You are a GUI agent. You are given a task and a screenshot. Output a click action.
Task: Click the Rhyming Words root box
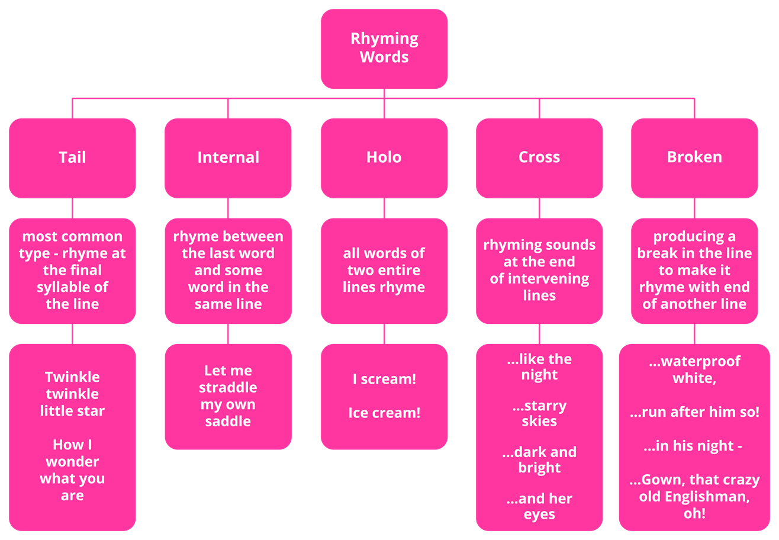384,49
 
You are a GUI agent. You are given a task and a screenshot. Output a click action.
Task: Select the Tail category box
72,157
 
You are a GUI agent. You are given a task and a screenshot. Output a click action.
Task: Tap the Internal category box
228,157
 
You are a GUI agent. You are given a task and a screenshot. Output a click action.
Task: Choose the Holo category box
384,157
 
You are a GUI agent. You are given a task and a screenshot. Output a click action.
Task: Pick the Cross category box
539,157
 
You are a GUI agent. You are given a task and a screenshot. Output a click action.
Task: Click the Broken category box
694,157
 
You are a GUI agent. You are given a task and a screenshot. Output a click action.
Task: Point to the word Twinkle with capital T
72,377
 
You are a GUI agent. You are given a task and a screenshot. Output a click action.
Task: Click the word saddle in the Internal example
228,422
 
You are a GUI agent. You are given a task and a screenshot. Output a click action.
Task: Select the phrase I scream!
384,379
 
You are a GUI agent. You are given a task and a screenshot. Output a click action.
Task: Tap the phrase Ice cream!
384,413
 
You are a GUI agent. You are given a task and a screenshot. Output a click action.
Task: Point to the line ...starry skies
539,414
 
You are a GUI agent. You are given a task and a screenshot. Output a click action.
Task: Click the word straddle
228,388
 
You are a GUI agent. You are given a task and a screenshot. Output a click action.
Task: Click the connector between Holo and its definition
384,208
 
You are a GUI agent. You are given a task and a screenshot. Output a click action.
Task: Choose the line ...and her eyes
539,507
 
